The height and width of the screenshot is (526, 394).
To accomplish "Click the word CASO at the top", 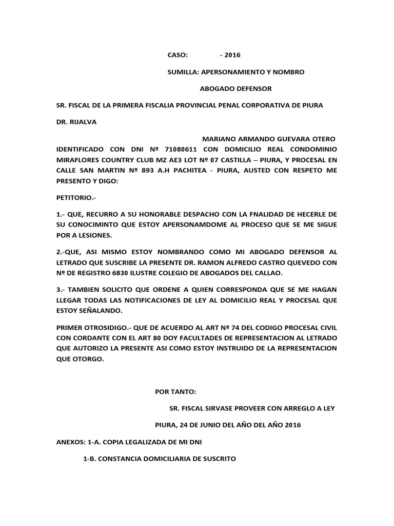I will [x=178, y=55].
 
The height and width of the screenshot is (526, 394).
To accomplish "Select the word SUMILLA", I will [x=183, y=72].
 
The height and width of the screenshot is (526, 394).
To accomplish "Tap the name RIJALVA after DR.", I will [x=82, y=122].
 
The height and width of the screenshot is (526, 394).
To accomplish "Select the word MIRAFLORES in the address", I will [x=80, y=159].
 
